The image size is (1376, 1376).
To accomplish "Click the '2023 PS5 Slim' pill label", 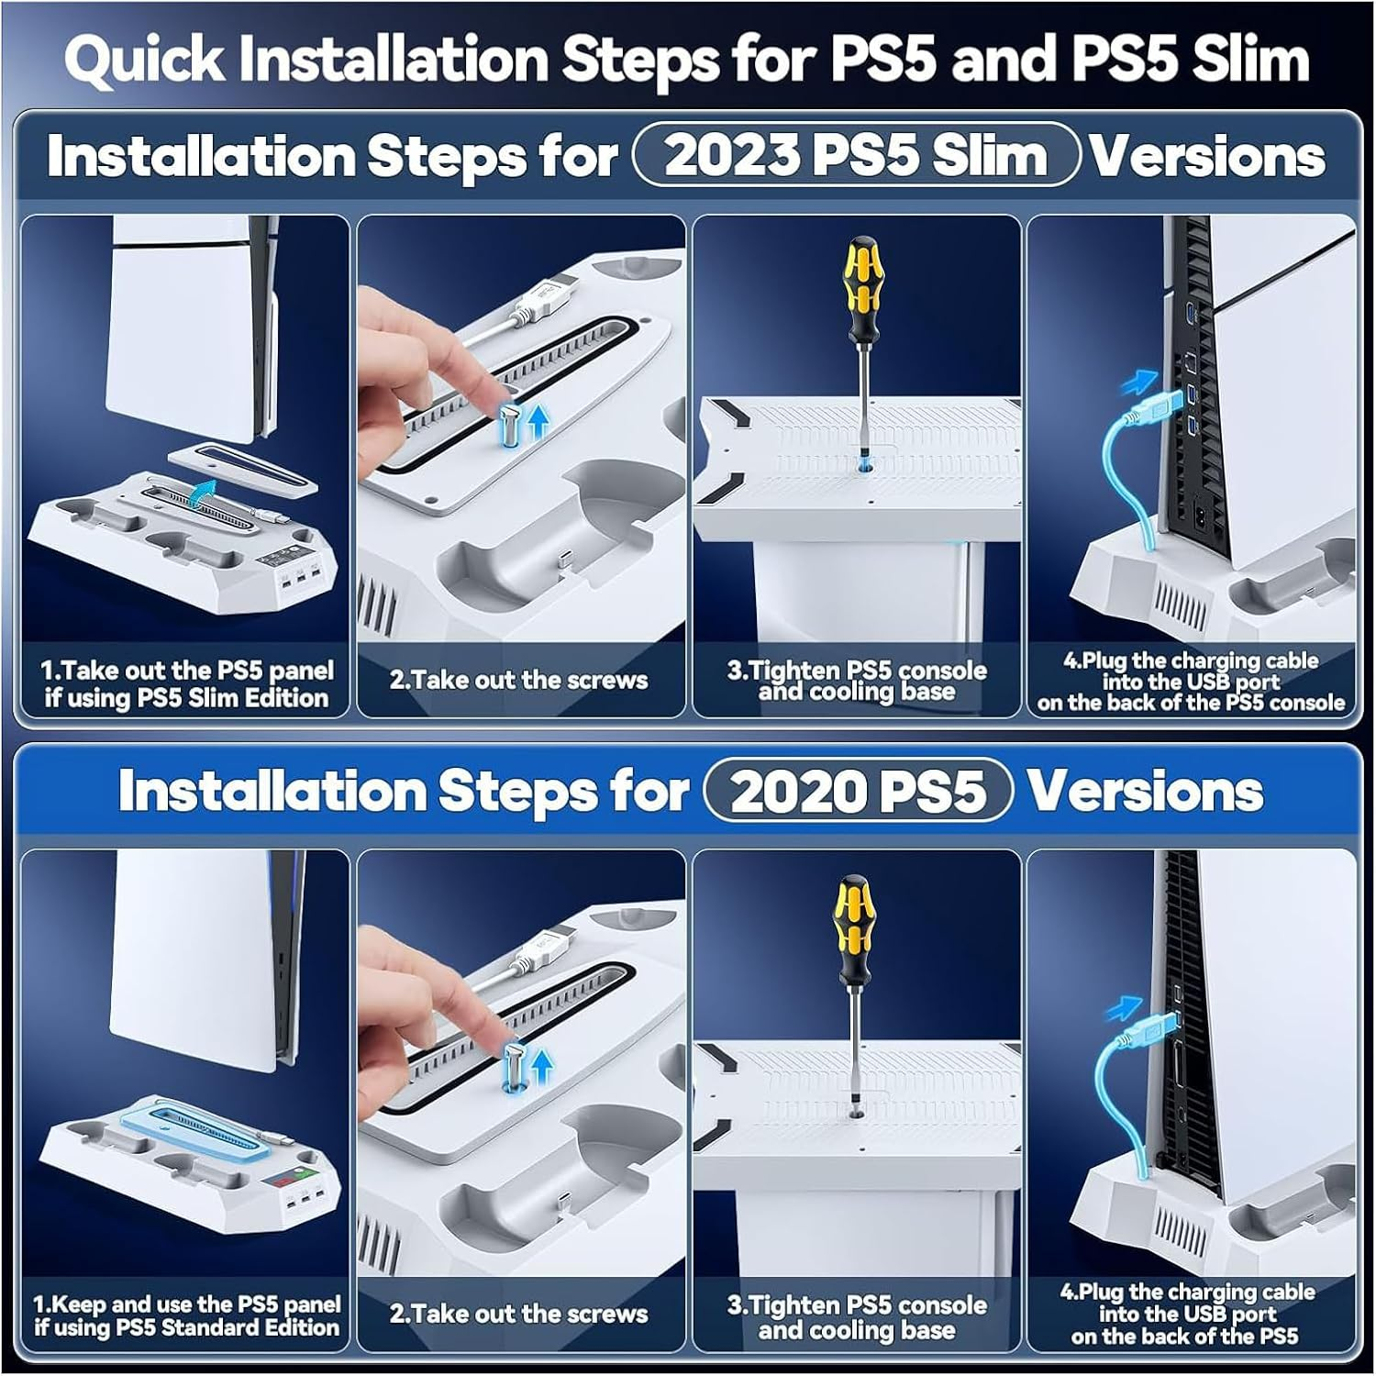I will pos(855,155).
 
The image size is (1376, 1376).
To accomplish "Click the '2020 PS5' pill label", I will pos(858,790).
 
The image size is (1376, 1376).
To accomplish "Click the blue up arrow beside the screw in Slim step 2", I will pos(539,421).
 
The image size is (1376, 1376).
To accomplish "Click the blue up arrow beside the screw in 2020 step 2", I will pos(542,1067).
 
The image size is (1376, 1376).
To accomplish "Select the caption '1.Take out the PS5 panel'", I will pos(186,671).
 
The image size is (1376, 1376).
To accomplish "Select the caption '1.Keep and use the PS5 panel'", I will pos(186,1304).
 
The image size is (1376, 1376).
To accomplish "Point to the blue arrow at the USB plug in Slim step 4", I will pos(1141,379).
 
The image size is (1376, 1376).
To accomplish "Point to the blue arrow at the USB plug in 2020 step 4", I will pos(1123,1009).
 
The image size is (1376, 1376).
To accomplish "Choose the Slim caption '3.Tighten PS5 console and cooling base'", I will pos(857,681).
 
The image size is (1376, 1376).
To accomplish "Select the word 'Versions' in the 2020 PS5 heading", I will pos(1144,790).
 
